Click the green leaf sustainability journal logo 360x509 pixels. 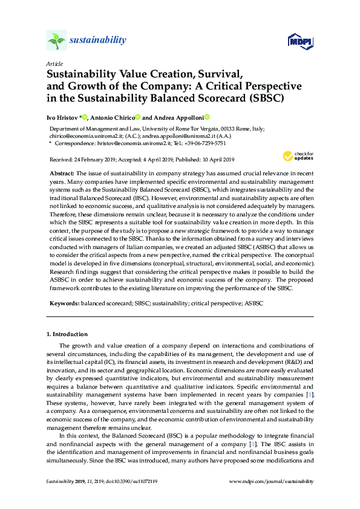[x=56, y=41]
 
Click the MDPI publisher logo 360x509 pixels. [x=296, y=41]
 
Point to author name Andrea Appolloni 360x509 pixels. [x=179, y=117]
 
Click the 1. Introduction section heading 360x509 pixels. [x=67, y=334]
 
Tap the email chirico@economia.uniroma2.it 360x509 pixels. [x=88, y=137]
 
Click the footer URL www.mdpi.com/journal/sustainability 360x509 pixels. [x=272, y=482]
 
